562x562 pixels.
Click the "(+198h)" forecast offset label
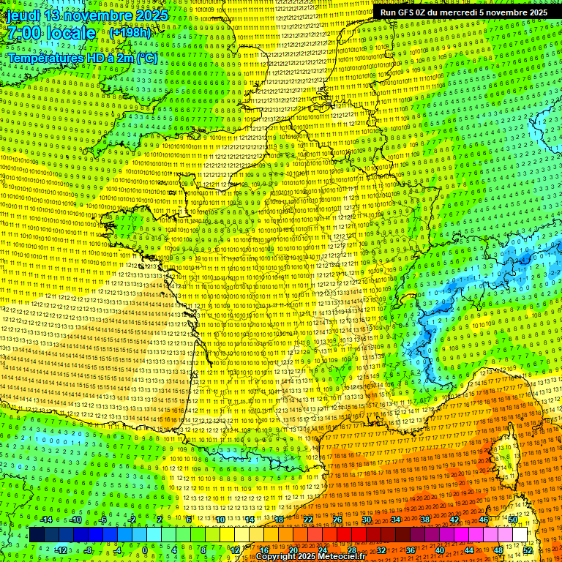point(130,33)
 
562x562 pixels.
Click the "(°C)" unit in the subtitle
point(146,58)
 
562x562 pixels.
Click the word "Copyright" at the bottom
point(276,557)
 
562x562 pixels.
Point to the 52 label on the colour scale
point(528,550)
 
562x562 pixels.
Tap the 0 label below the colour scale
point(145,550)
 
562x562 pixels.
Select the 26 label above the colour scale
point(337,520)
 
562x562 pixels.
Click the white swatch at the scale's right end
point(520,535)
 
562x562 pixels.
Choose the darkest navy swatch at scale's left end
point(37,535)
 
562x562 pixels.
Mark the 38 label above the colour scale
point(425,520)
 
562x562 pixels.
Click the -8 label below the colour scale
point(87,550)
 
